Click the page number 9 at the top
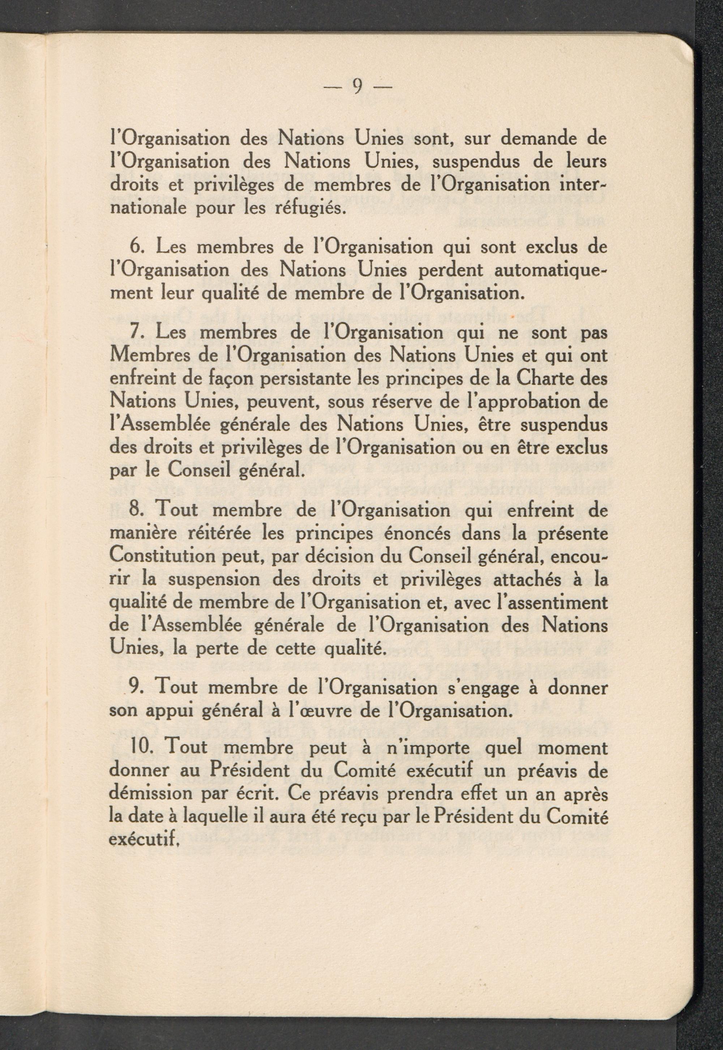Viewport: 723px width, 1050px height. point(358,86)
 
